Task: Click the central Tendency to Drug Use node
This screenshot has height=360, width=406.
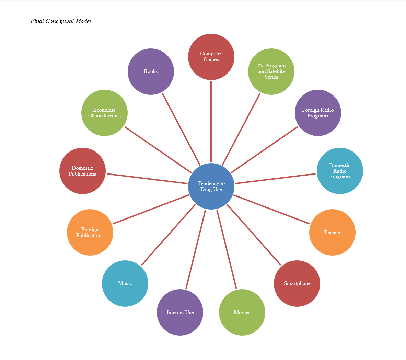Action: point(211,186)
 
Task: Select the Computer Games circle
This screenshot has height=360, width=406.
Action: point(211,57)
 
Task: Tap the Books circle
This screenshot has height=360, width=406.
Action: point(151,71)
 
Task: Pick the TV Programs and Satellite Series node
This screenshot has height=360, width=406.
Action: point(271,71)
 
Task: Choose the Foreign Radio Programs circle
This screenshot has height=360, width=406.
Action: point(318,113)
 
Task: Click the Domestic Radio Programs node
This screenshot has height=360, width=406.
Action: point(340,171)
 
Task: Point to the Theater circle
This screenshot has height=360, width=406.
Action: point(332,233)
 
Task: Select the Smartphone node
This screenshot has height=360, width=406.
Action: point(297,283)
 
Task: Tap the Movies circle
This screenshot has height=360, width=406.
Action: point(242,312)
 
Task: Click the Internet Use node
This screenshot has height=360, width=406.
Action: point(180,312)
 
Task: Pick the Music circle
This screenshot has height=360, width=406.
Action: point(125,283)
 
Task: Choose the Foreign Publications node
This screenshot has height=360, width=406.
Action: point(90,233)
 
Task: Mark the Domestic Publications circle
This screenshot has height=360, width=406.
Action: point(82,171)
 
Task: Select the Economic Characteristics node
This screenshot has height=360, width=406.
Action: point(104,113)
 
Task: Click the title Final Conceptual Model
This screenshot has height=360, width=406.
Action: point(61,21)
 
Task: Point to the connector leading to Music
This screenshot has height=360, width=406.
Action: point(168,235)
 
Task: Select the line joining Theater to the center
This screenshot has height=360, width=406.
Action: point(271,209)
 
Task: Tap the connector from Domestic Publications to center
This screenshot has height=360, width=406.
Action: point(147,179)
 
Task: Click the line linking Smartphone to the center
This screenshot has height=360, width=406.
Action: point(254,235)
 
